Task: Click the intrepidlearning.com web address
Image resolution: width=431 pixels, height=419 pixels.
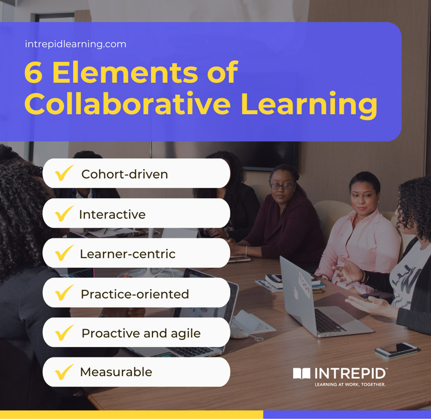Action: tap(75, 44)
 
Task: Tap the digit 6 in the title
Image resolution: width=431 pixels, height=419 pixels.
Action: tap(33, 73)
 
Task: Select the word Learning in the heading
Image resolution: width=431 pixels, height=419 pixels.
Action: tap(309, 105)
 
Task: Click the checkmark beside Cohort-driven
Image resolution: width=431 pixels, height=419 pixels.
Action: tap(64, 173)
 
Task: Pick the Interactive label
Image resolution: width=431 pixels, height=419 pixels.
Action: tap(112, 214)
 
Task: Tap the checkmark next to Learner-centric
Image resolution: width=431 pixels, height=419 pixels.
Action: tap(64, 253)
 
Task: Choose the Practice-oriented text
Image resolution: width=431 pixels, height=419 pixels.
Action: tap(135, 294)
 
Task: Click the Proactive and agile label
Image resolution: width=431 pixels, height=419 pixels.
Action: tap(141, 333)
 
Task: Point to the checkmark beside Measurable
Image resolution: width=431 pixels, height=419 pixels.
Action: tap(64, 371)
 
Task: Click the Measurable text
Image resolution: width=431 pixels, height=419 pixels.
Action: tap(116, 372)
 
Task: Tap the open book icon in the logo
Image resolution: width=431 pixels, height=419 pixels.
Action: tap(302, 373)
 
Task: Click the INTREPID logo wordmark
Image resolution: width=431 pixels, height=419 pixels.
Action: tap(349, 373)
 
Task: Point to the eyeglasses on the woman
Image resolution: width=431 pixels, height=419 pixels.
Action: tap(282, 186)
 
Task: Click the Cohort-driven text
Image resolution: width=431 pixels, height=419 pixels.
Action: tap(124, 174)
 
